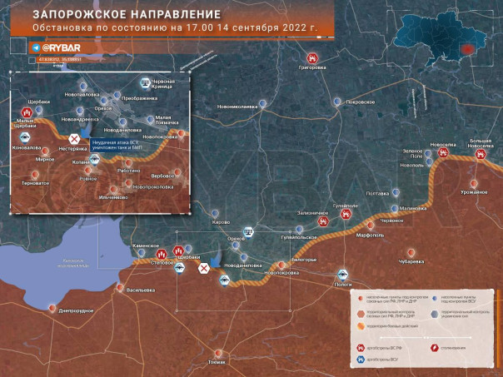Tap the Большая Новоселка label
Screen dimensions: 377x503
(x=486, y=143)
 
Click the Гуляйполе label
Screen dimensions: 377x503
(x=346, y=204)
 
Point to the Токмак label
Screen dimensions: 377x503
(x=217, y=362)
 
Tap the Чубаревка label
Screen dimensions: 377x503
(x=411, y=261)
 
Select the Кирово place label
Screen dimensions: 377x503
(x=221, y=223)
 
